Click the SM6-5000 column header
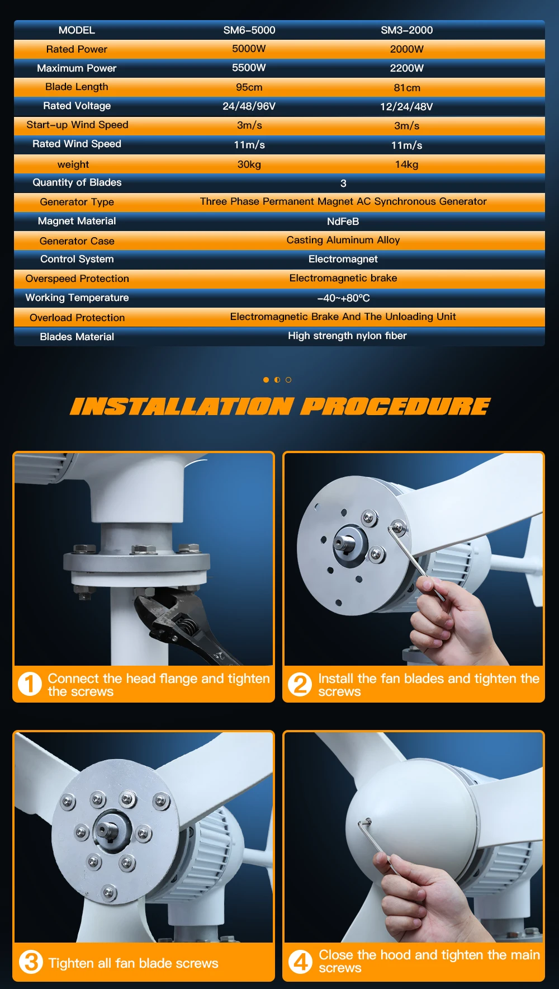pos(249,30)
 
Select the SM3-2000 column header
pos(407,30)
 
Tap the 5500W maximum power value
pos(249,68)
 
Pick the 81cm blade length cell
pos(407,88)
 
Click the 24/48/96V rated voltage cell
pos(249,106)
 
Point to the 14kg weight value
pos(406,164)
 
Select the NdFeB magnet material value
pos(343,222)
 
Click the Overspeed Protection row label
pos(77,279)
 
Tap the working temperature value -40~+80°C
pos(343,298)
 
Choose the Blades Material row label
pos(77,337)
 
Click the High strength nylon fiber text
pos(347,336)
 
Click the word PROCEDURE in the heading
pos(395,407)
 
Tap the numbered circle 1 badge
pos(30,684)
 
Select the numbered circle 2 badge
pos(300,684)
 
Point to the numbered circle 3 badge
pos(31,962)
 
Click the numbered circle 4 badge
pos(301,962)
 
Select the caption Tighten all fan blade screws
pos(134,963)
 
